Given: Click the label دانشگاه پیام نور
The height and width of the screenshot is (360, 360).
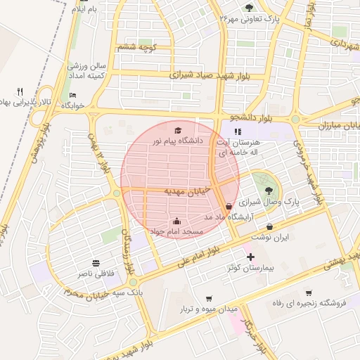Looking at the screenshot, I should tap(177, 141).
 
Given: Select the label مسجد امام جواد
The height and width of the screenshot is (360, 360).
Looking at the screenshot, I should tap(175, 231).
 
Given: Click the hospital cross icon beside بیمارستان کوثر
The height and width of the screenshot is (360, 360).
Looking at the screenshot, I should tap(250, 257).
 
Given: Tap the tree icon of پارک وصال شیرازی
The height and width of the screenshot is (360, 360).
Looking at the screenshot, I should tap(268, 191).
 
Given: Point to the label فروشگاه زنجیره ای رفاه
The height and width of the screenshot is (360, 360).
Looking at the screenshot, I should tap(307, 303).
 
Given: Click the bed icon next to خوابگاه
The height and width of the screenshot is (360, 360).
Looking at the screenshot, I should tap(73, 95).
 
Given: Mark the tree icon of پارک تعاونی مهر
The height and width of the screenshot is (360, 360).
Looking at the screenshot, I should tap(249, 8).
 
